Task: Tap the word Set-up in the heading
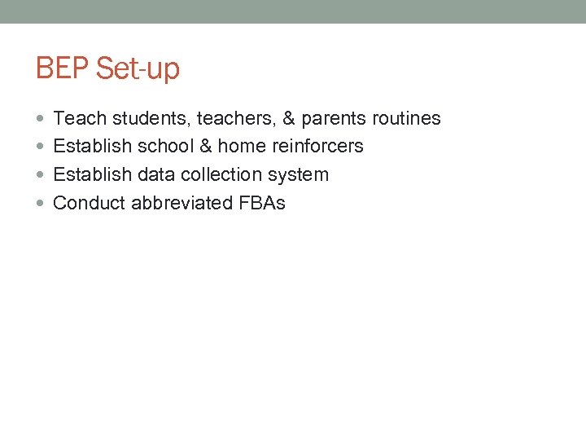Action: [x=138, y=69]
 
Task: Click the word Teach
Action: [x=80, y=119]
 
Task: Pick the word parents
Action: [x=334, y=119]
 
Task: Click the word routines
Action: [x=406, y=119]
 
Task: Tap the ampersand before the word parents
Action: [x=289, y=119]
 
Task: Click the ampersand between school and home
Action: [x=204, y=147]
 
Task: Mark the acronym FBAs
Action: [x=263, y=203]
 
